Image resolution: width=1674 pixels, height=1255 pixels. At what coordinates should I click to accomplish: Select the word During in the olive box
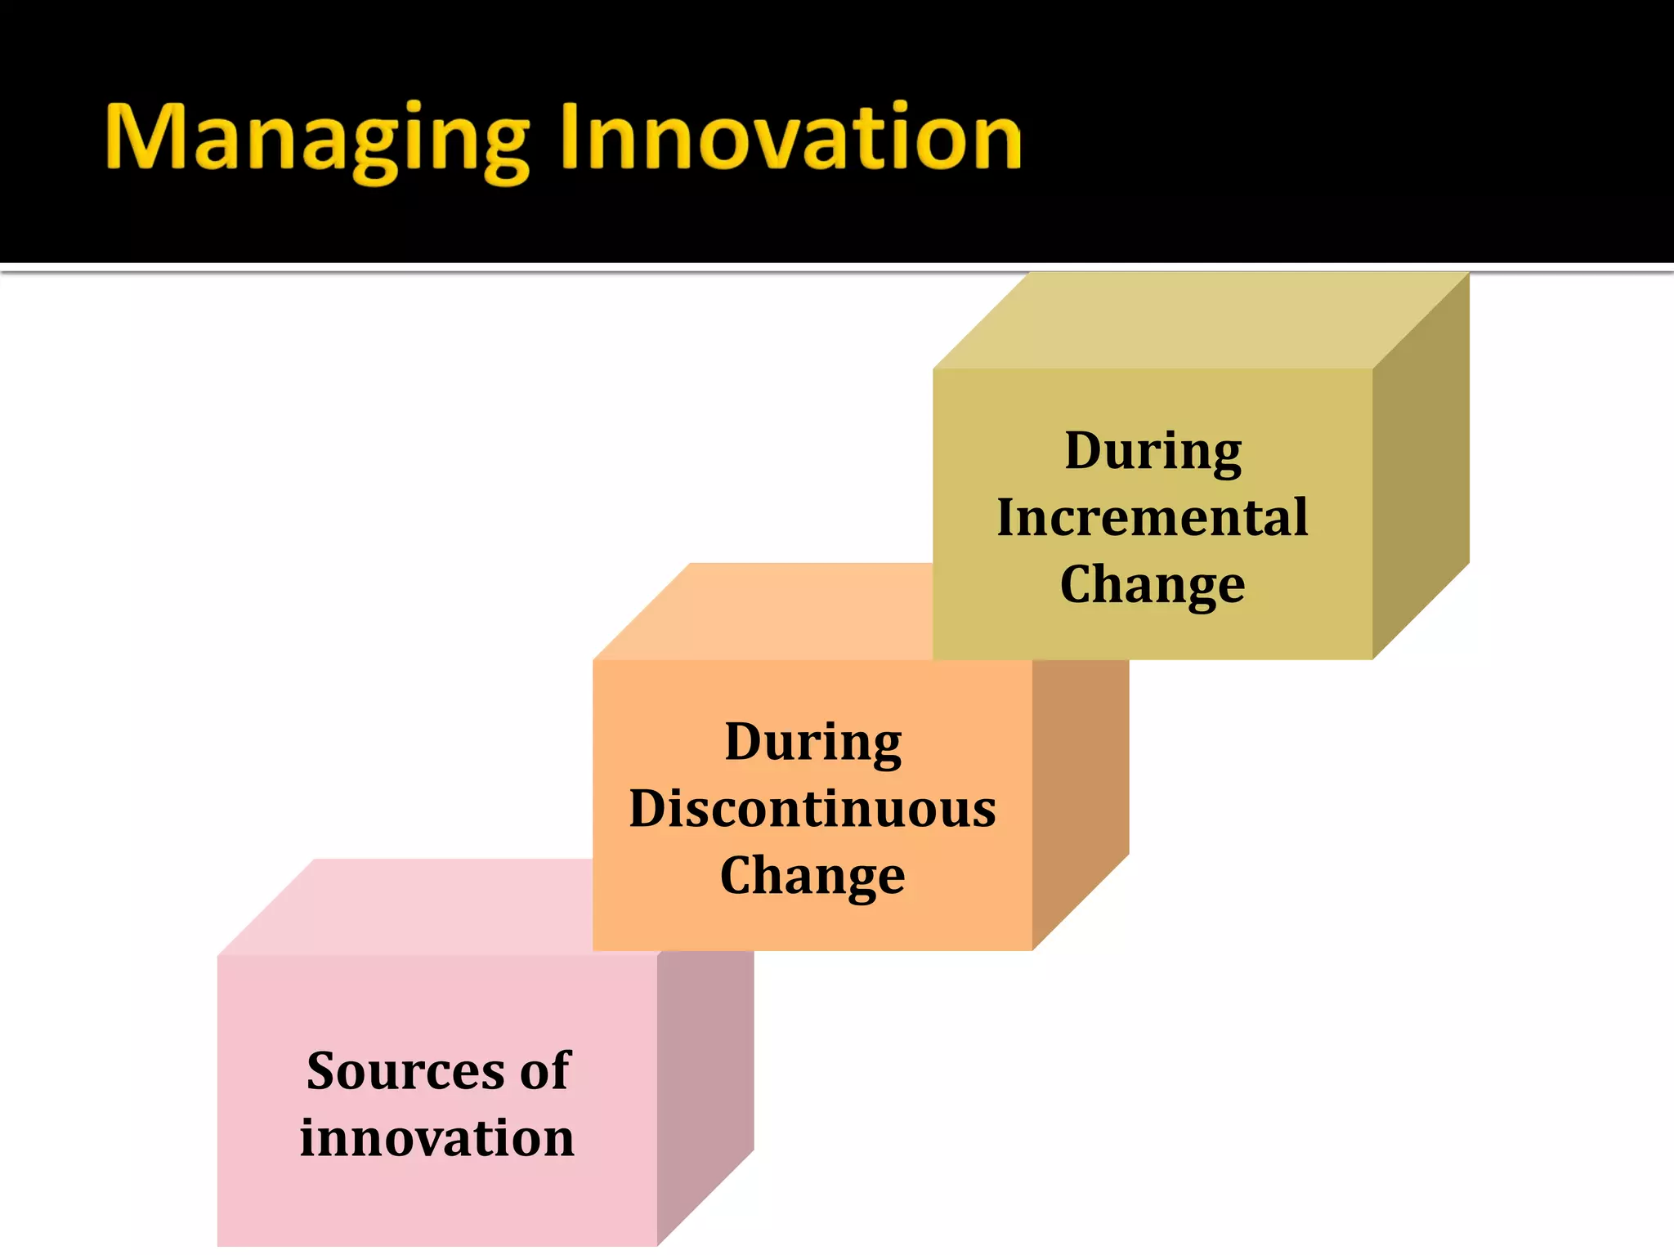(x=1153, y=451)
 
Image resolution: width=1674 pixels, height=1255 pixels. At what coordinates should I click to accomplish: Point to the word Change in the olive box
(x=1153, y=585)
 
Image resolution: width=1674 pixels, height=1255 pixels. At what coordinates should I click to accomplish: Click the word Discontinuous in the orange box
(x=812, y=809)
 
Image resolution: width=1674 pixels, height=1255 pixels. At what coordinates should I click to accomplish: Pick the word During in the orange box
(x=813, y=743)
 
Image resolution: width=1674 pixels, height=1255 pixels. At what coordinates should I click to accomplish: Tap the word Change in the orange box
(x=812, y=876)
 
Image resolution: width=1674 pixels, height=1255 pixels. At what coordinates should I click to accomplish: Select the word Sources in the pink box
(x=405, y=1070)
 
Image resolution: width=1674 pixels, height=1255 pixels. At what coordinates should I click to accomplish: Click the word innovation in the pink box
(x=437, y=1137)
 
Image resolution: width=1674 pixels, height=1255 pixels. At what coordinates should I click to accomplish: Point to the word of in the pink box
(x=544, y=1070)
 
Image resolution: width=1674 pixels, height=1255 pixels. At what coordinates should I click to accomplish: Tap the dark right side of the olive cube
(x=1421, y=466)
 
